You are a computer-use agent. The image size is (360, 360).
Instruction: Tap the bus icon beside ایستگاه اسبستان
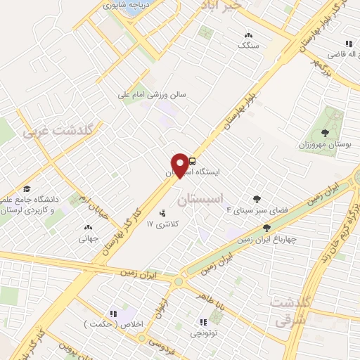point(192,160)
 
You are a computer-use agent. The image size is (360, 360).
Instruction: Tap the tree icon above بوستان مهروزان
point(324,133)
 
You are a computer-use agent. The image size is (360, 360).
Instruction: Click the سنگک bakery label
point(247,45)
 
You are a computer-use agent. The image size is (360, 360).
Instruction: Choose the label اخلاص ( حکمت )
point(105,324)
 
